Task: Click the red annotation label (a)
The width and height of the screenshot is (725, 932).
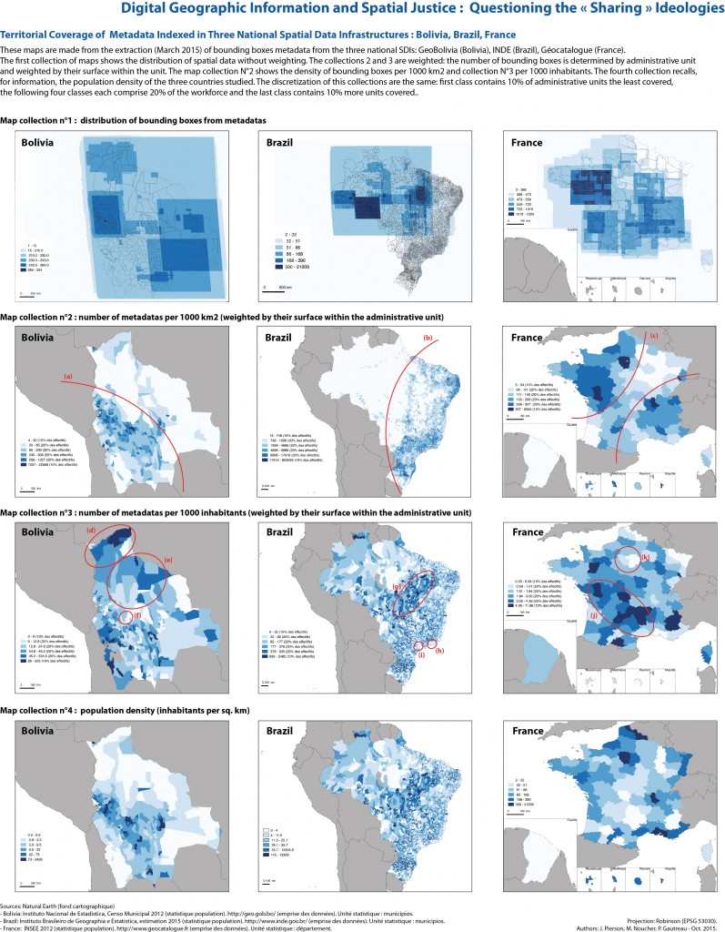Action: coord(68,375)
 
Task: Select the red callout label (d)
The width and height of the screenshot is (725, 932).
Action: coord(91,530)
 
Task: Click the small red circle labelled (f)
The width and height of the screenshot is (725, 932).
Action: coord(125,618)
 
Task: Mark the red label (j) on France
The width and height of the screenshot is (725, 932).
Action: coord(594,613)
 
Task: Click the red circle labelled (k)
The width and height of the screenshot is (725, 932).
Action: coord(626,558)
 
